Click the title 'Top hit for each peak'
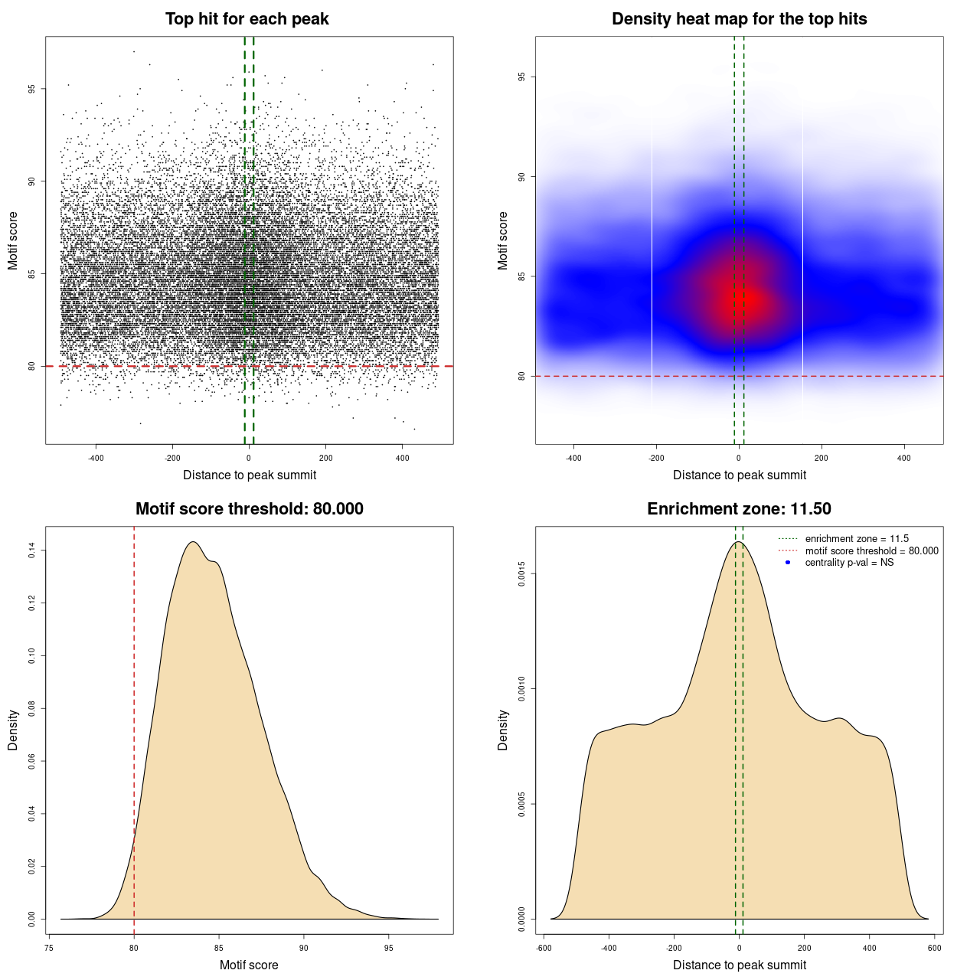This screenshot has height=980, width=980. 247,19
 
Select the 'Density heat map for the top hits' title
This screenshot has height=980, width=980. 739,19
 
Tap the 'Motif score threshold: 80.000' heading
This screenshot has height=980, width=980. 249,509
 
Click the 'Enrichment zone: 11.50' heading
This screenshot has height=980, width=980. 739,509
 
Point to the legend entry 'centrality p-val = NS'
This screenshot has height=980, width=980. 849,563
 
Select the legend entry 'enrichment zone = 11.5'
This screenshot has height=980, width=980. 857,539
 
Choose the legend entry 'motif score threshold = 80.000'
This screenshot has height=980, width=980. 871,551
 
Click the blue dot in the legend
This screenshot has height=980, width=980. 788,563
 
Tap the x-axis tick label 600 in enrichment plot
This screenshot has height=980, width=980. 935,948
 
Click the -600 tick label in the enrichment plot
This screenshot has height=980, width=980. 543,948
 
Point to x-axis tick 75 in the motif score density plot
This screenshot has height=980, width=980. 49,948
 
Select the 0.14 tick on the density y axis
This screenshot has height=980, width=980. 31,550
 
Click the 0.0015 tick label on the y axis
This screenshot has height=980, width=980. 521,573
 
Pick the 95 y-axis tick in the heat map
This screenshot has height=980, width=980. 521,77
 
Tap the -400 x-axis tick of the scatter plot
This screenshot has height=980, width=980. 96,458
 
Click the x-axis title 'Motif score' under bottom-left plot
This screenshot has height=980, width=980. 249,965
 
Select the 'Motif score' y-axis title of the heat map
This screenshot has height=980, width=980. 503,240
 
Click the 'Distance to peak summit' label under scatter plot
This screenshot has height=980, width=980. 250,475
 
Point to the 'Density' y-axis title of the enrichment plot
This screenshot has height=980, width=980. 503,730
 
